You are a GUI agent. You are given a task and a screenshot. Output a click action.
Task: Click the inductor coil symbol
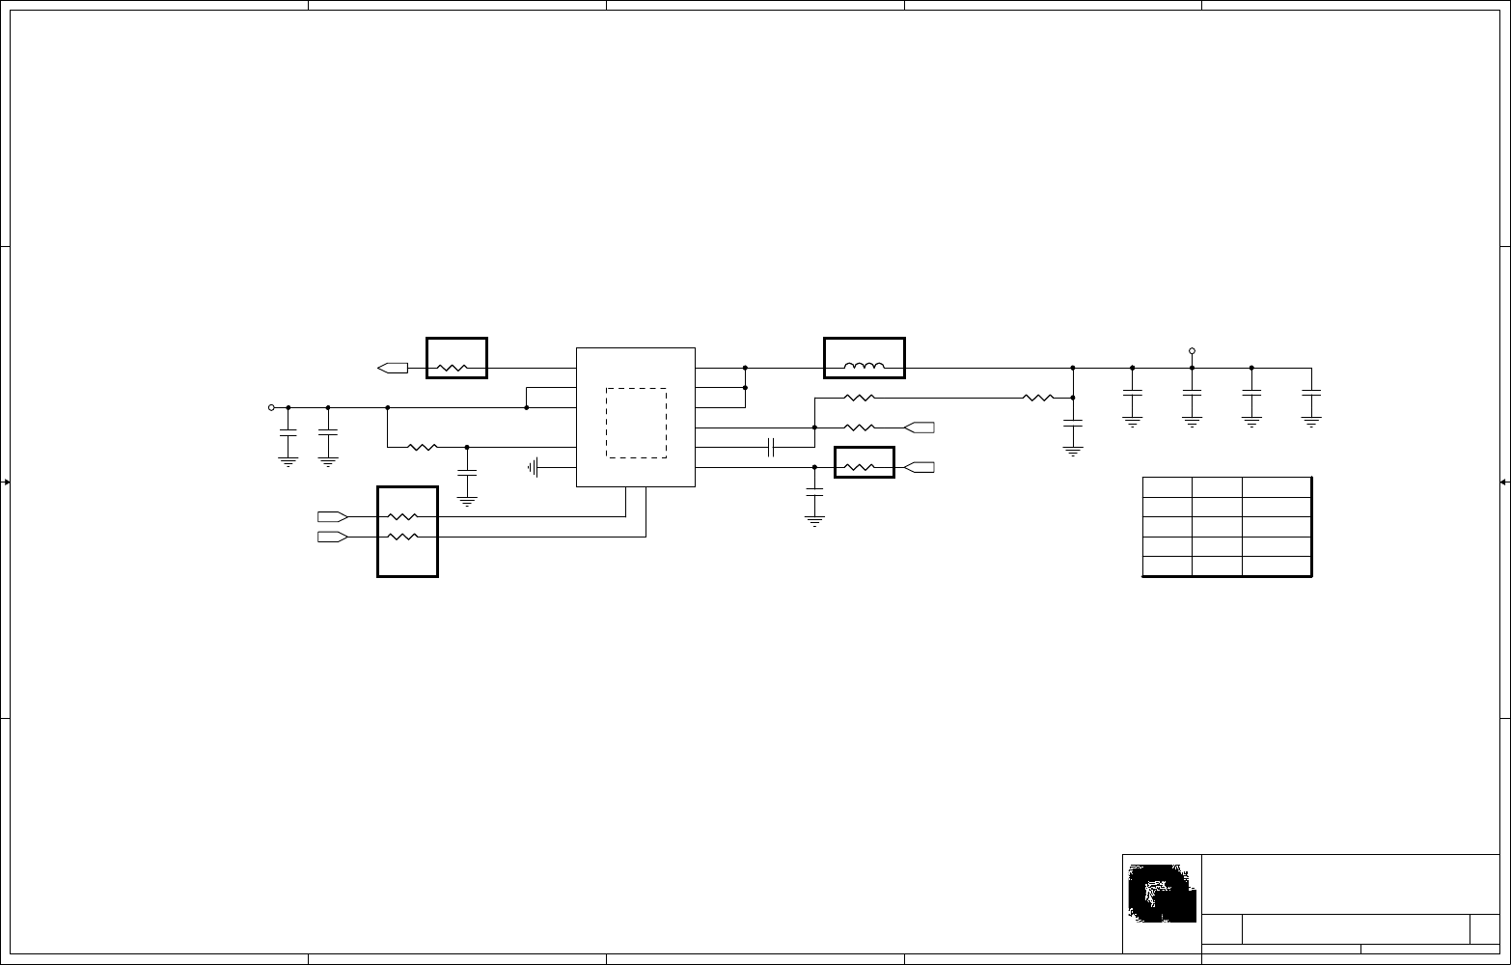point(865,367)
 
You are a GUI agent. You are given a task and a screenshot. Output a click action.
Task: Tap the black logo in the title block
point(1162,892)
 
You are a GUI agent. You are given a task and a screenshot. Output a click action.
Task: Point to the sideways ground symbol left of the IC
point(533,468)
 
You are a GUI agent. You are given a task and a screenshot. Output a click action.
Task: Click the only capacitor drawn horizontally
point(771,447)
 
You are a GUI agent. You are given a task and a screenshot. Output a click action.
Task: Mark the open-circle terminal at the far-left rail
point(271,407)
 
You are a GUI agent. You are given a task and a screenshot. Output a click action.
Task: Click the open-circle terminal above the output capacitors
point(1192,351)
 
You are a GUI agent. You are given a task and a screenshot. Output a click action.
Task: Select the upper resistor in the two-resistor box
point(402,517)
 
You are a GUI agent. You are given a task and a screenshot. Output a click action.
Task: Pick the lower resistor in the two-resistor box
point(402,536)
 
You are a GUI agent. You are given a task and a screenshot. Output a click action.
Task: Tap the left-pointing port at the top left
point(392,368)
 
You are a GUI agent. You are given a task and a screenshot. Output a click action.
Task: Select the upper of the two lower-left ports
point(332,517)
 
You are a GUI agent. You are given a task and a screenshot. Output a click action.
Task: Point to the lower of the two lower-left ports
point(332,536)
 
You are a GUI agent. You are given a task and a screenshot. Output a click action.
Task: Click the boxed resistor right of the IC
point(859,467)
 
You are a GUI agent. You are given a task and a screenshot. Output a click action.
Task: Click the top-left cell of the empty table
point(1168,487)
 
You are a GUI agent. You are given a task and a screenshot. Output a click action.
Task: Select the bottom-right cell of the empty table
point(1276,566)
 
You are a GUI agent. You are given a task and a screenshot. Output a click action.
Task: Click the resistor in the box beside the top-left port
point(452,368)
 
